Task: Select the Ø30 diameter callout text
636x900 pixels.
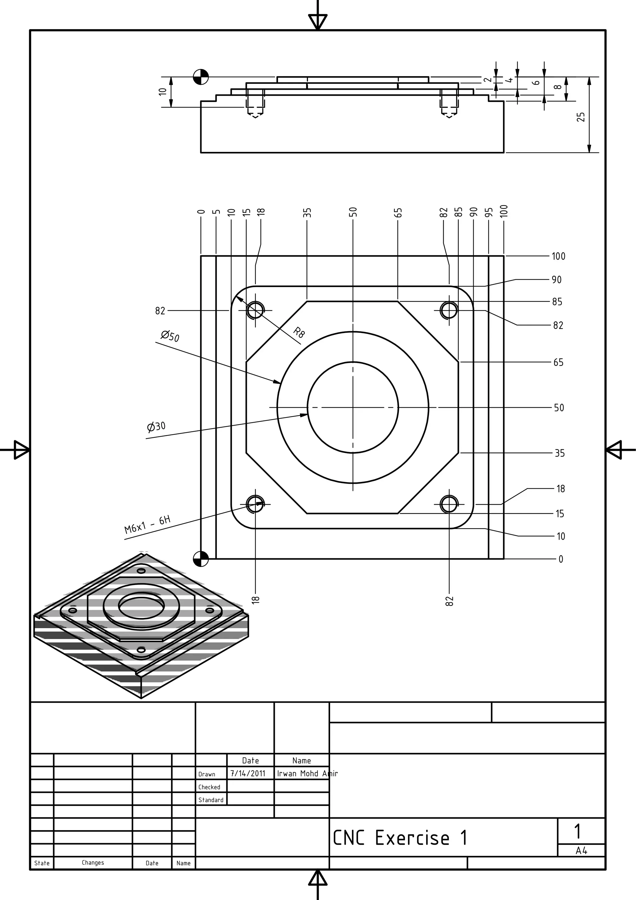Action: [x=156, y=427]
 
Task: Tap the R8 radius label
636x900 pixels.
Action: [x=299, y=332]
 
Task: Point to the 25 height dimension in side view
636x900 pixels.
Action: [x=581, y=117]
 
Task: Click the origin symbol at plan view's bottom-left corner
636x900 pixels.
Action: [x=201, y=559]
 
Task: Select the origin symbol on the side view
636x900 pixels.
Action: [x=201, y=77]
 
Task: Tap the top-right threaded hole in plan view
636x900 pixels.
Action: [x=449, y=310]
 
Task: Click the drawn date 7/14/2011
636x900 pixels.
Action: [x=248, y=773]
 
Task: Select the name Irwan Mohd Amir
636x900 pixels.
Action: [x=307, y=773]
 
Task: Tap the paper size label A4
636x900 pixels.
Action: [x=581, y=851]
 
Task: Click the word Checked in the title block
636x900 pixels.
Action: [x=209, y=787]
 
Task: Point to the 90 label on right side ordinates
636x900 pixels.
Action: [x=556, y=280]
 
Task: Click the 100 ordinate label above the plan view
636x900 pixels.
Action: [x=504, y=211]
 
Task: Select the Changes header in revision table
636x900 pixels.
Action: [x=93, y=863]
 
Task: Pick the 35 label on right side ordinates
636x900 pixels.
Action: [x=559, y=453]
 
